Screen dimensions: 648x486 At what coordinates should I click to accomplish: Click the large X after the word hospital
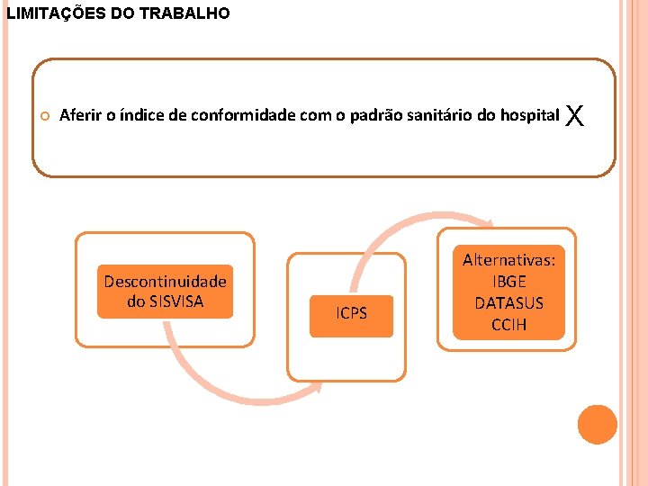tap(577, 115)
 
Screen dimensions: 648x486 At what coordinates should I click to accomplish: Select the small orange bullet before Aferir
tap(45, 116)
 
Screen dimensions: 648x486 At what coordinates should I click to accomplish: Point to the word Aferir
tap(78, 115)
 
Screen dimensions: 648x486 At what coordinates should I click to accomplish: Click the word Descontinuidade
tap(165, 282)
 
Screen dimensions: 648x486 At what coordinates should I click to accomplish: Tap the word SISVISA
tap(178, 301)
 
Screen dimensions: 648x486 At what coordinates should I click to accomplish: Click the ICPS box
tap(351, 314)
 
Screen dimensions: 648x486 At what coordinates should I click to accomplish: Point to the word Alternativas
tap(508, 260)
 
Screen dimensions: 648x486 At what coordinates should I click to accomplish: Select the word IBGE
tap(508, 282)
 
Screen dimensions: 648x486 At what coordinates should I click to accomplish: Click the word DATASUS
tap(508, 303)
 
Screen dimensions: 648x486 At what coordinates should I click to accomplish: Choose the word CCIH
tap(508, 324)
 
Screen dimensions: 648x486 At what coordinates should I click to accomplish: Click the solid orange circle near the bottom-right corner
tap(598, 424)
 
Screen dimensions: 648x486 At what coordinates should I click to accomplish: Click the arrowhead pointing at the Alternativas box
tap(488, 226)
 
